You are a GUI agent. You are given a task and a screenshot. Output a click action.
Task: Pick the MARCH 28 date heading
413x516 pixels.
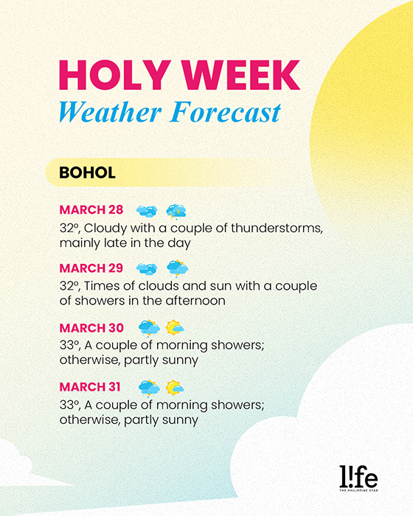(x=91, y=210)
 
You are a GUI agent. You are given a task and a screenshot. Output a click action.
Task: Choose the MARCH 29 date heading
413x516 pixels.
(x=91, y=268)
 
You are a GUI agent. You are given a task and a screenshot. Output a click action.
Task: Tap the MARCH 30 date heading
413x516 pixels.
(x=92, y=327)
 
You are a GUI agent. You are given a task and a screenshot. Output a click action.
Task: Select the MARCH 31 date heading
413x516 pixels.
(x=91, y=386)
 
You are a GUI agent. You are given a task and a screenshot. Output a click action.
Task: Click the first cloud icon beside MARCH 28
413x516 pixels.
(x=147, y=211)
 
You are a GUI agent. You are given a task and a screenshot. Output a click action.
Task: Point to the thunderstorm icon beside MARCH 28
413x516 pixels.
(x=176, y=211)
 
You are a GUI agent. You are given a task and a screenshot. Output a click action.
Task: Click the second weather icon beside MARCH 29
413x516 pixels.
(x=177, y=268)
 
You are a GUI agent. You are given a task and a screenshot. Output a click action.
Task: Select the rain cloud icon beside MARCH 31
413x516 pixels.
(x=149, y=387)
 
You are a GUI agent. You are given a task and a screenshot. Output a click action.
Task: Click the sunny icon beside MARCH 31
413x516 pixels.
(x=175, y=387)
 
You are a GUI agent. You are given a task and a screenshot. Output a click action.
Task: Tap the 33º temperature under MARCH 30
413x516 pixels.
(x=71, y=345)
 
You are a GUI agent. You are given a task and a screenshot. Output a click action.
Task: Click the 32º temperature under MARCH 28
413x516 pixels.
(x=71, y=228)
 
